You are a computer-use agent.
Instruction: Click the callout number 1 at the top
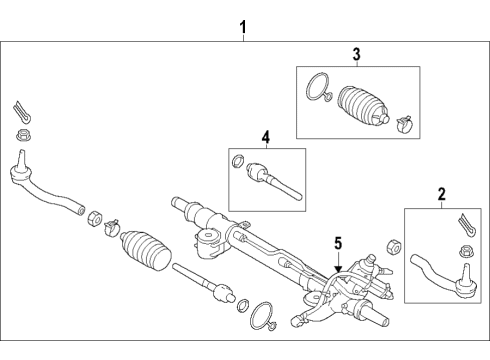click(x=243, y=27)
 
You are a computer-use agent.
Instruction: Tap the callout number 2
click(x=442, y=194)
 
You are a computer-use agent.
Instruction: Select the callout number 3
click(x=356, y=54)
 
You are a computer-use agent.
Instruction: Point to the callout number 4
click(x=266, y=137)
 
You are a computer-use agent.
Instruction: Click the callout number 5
click(x=338, y=243)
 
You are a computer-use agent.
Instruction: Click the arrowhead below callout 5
click(x=338, y=269)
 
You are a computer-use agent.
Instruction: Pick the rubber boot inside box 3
click(x=363, y=107)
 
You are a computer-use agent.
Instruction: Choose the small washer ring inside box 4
click(x=238, y=161)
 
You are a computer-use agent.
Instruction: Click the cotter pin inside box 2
click(x=467, y=225)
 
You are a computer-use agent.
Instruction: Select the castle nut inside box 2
click(x=466, y=251)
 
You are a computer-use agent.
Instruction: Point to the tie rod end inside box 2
click(x=443, y=276)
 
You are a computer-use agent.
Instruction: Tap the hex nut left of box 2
click(x=394, y=247)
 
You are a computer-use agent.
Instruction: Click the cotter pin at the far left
click(x=23, y=112)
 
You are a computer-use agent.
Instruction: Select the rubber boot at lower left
click(x=146, y=250)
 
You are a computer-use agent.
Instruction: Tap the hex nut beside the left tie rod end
click(x=95, y=218)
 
